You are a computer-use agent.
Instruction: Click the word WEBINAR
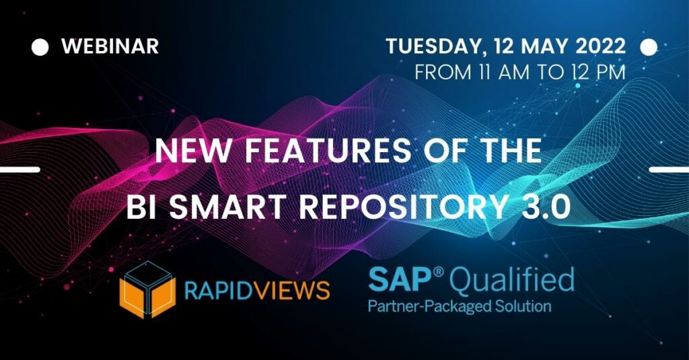point(110,46)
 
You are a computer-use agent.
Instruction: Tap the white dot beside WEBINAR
point(40,47)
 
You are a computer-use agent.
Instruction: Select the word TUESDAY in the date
point(436,47)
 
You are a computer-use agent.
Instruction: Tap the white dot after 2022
point(649,47)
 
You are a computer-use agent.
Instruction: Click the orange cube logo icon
point(147,289)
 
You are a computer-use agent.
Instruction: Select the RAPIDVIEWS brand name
point(257,290)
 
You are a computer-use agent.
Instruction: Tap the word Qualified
point(513,282)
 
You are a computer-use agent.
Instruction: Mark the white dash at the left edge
point(20,170)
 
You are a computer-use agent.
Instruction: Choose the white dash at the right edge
point(669,170)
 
